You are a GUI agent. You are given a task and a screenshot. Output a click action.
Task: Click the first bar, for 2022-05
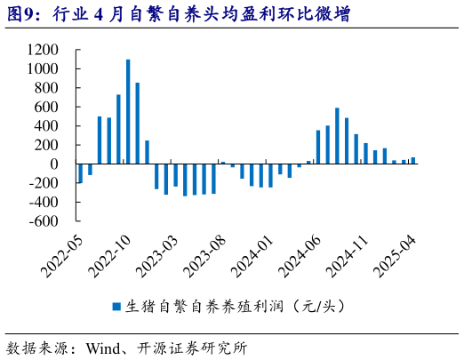pyautogui.click(x=80, y=173)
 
